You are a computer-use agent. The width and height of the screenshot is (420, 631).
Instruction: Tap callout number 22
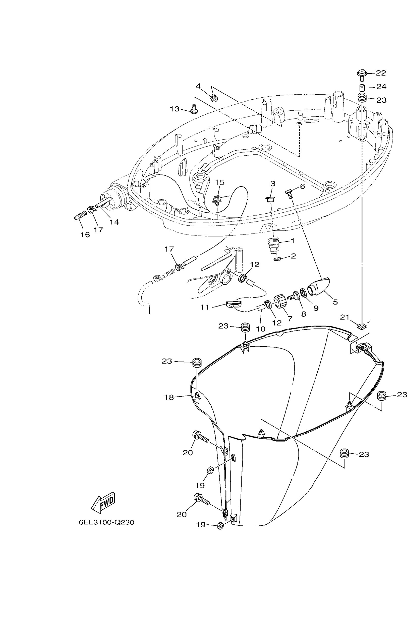[381, 73]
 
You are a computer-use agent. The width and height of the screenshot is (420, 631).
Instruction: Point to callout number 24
[382, 86]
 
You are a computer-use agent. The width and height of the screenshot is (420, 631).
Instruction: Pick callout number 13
[175, 109]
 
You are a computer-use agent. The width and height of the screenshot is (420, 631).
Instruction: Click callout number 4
[198, 86]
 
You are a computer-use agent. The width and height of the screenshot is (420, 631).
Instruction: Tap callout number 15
[220, 182]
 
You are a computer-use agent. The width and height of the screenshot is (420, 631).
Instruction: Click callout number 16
[85, 234]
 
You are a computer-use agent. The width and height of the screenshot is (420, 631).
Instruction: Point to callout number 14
[114, 222]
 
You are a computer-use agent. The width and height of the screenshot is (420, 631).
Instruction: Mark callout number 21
[344, 317]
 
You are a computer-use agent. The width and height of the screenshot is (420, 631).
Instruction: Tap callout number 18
[169, 398]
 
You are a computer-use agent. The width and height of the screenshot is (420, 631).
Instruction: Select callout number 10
[260, 329]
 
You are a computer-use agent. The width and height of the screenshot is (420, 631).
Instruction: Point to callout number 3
[273, 183]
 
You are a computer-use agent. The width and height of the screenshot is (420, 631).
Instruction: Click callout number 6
[302, 186]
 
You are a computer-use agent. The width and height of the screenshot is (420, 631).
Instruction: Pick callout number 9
[316, 308]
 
